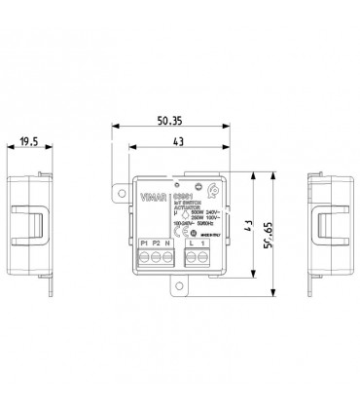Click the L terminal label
(192, 241)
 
